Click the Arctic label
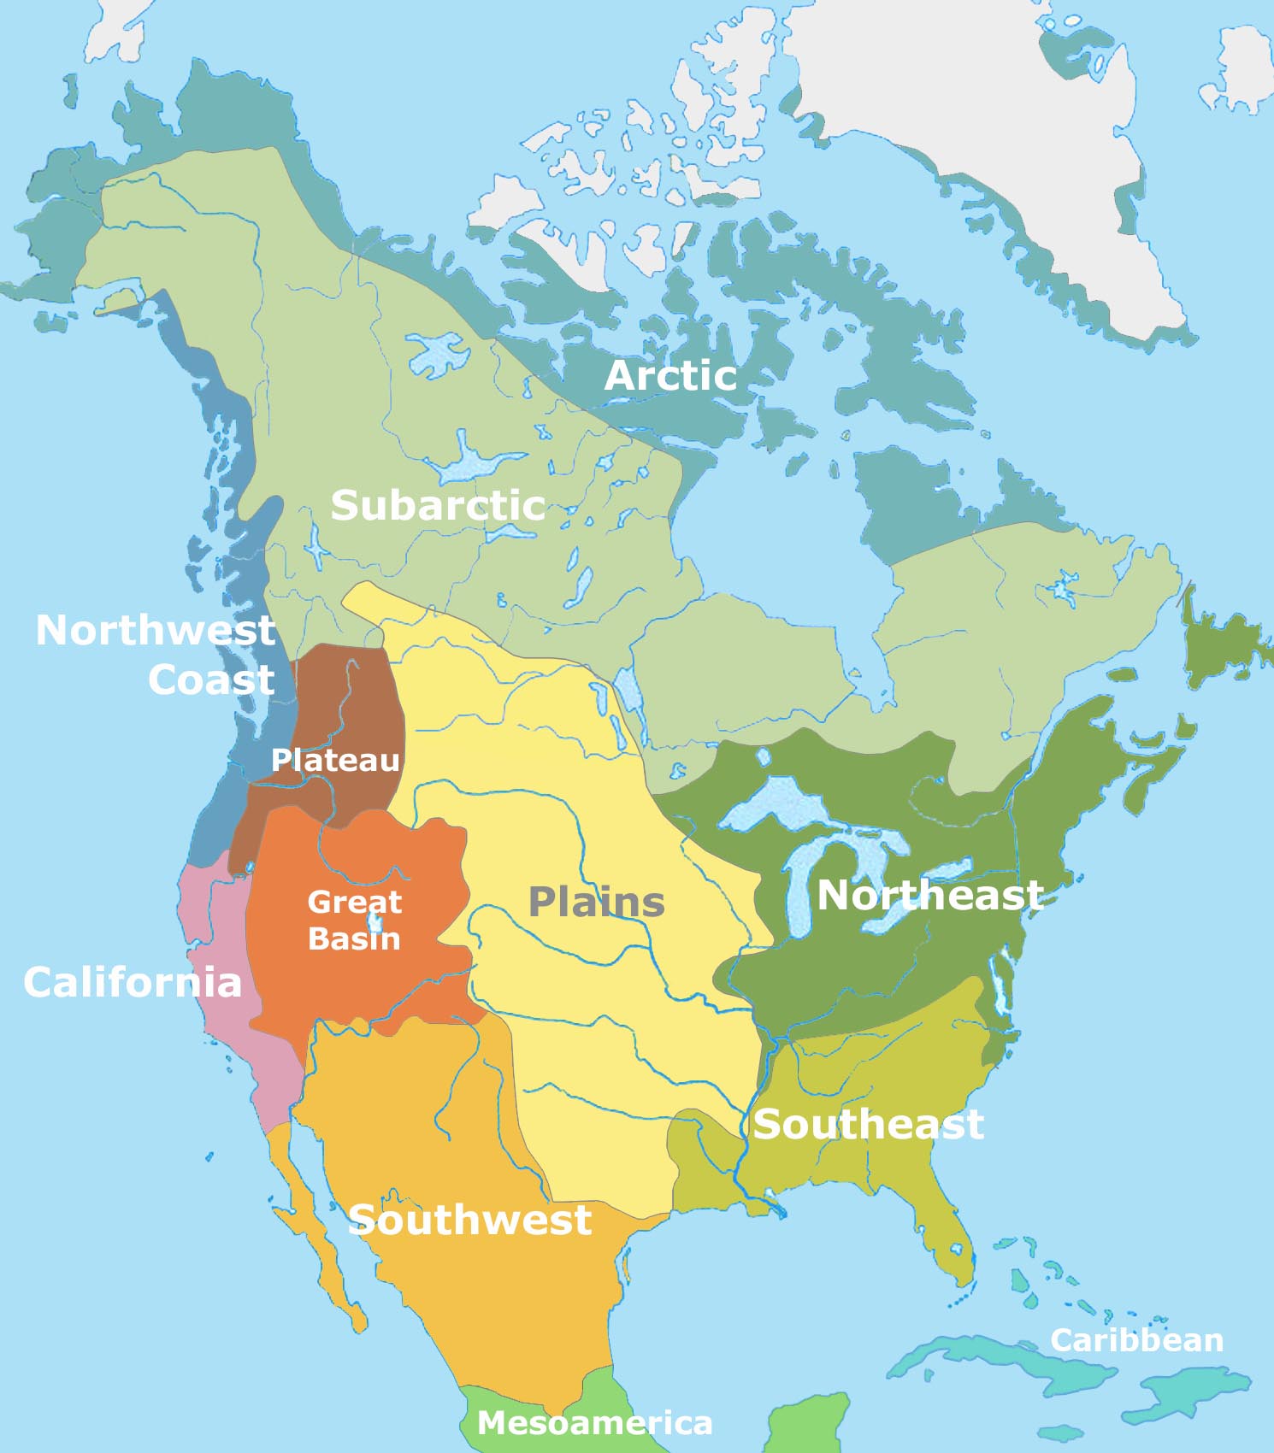tap(670, 376)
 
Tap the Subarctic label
tap(438, 505)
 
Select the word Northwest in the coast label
tap(156, 631)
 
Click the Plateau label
tap(335, 760)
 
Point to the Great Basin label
tap(354, 920)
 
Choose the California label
tap(133, 982)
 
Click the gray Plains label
tap(596, 902)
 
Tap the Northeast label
tap(930, 896)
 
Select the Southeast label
tap(868, 1124)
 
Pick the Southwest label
tap(469, 1220)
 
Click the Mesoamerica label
tap(594, 1423)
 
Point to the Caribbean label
tap(1136, 1340)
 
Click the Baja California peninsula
tap(316, 1231)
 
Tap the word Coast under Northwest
tap(211, 680)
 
